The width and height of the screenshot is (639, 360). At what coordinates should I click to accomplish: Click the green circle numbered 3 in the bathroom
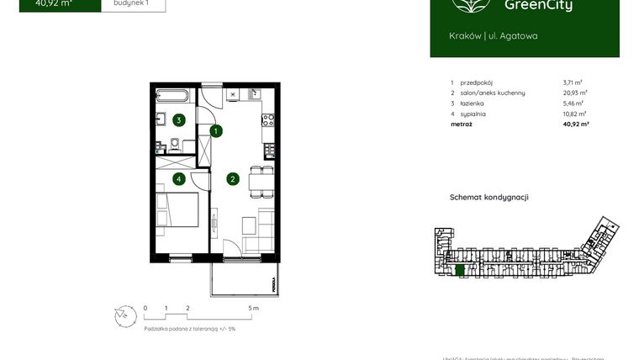[x=178, y=120]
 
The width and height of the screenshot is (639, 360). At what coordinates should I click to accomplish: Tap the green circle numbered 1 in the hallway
[x=216, y=131]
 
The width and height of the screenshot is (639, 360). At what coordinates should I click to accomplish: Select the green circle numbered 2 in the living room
[x=232, y=178]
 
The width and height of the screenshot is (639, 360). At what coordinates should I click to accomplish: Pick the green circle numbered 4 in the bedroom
[x=178, y=178]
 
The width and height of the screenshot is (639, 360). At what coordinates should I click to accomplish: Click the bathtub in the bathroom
[x=175, y=94]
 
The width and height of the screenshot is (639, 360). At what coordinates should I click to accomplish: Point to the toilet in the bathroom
[x=173, y=145]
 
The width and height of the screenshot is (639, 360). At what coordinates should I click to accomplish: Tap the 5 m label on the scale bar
[x=254, y=308]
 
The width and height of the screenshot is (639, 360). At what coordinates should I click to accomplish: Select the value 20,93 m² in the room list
[x=575, y=93]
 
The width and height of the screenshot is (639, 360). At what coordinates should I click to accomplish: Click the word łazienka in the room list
[x=473, y=103]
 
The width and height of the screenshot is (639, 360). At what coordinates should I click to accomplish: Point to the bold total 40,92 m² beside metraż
[x=575, y=124]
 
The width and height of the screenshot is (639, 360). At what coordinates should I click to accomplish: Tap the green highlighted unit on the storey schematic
[x=458, y=270]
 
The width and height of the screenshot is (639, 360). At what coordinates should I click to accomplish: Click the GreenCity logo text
[x=539, y=7]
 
